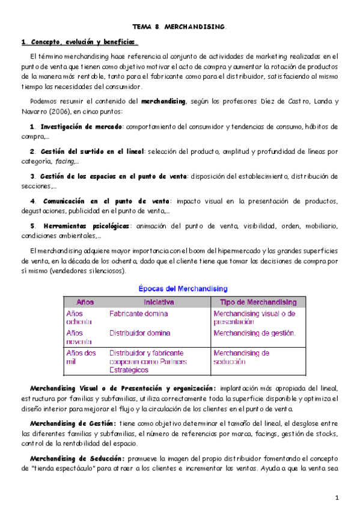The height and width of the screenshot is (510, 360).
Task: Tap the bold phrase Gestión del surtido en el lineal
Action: [x=92, y=152]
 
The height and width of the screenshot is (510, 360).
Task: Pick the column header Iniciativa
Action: [x=159, y=302]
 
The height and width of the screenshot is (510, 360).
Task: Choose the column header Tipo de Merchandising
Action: [x=258, y=302]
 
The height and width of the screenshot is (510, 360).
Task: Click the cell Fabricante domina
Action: [x=139, y=313]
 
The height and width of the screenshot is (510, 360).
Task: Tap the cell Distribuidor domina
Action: [x=140, y=333]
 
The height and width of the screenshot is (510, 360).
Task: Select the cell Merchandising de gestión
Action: [x=255, y=333]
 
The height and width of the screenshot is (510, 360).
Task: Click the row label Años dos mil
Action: [x=81, y=357]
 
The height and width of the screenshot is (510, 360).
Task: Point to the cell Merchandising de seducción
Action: [x=242, y=357]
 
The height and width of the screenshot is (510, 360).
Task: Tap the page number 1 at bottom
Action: [x=338, y=497]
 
